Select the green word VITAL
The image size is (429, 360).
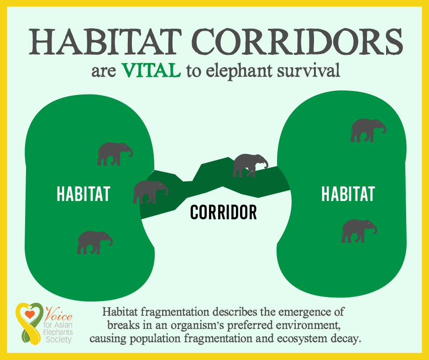[x=152, y=70]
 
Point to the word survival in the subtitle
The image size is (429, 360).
[x=309, y=70]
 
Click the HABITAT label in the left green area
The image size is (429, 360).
[x=84, y=194]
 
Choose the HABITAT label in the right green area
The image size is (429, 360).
[x=348, y=194]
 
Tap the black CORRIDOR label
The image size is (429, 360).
[x=224, y=212]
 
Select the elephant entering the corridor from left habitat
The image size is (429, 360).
[x=151, y=192]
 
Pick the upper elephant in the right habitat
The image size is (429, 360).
[x=368, y=130]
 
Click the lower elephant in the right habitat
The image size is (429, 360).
[x=359, y=231]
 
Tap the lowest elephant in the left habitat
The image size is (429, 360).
[x=94, y=243]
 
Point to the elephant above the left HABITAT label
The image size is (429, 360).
[x=115, y=154]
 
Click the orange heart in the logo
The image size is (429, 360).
[x=30, y=314]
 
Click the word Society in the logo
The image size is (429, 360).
[x=59, y=340]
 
